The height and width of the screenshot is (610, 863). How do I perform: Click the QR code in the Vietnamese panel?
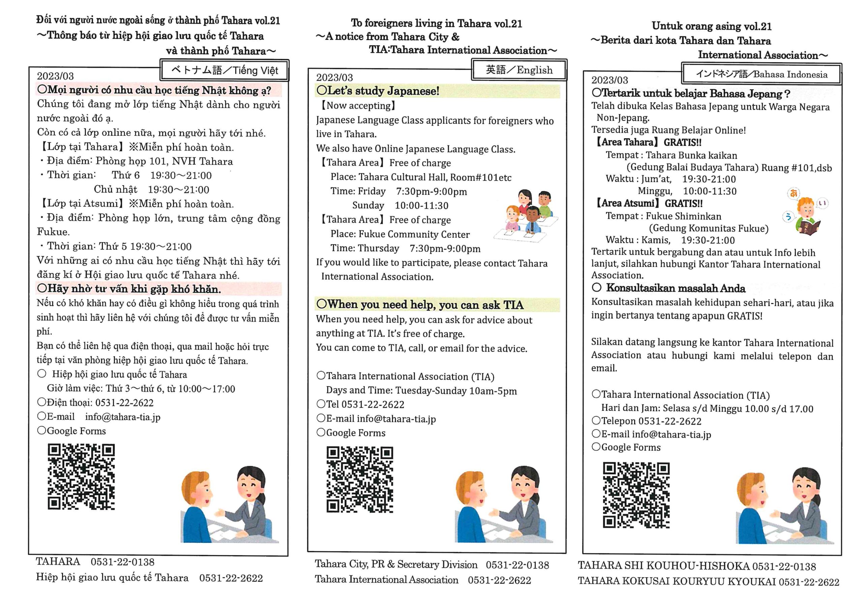click(81, 477)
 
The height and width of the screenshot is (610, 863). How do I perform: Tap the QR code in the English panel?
click(360, 480)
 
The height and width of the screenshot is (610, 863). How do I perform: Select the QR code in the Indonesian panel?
click(636, 495)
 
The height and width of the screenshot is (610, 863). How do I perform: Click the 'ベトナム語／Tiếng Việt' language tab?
click(225, 70)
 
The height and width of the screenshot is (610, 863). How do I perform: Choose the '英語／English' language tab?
click(519, 70)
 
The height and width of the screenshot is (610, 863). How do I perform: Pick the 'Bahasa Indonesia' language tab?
click(762, 74)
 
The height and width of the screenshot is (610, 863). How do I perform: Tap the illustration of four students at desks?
click(527, 216)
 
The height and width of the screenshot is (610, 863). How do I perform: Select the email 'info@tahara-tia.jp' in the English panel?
click(396, 419)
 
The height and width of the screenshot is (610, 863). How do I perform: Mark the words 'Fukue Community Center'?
click(414, 234)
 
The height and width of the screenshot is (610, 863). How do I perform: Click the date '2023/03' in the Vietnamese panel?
click(55, 76)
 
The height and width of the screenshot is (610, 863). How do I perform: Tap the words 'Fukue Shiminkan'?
click(683, 216)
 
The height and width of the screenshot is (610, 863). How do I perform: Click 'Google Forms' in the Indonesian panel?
click(631, 447)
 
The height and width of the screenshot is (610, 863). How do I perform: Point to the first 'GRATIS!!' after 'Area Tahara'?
click(682, 143)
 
